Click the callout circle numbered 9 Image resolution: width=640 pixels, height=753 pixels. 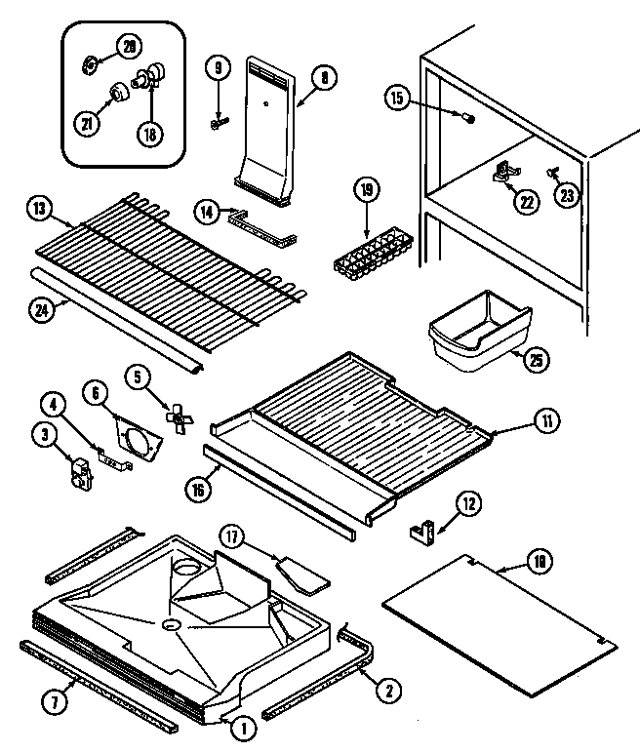pyautogui.click(x=218, y=69)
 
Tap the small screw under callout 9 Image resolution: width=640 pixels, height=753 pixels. pyautogui.click(x=219, y=123)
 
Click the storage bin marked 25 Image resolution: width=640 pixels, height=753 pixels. pyautogui.click(x=479, y=333)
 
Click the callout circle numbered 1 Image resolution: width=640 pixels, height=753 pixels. pyautogui.click(x=245, y=726)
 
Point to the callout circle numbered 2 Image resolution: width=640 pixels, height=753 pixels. pyautogui.click(x=388, y=692)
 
